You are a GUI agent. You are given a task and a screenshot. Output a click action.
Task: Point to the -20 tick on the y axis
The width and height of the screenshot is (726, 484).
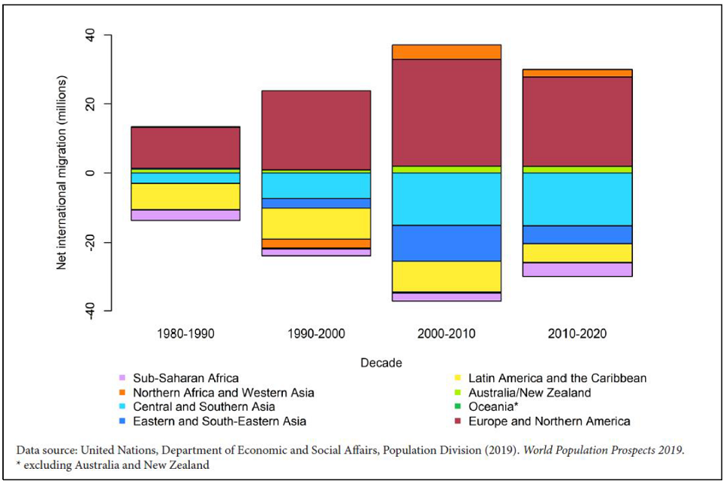pos(89,242)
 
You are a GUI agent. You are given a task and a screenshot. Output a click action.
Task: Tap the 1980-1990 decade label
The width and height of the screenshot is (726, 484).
pos(185,334)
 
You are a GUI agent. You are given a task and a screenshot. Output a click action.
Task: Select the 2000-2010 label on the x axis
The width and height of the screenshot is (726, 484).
pos(445,334)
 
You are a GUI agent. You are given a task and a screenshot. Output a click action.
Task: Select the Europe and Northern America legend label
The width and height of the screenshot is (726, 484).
pos(549,421)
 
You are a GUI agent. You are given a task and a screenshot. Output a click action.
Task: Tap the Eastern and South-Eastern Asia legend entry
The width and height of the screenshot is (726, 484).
pos(219,421)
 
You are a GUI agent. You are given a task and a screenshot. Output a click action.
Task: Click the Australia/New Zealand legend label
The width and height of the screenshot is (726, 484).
pos(529,392)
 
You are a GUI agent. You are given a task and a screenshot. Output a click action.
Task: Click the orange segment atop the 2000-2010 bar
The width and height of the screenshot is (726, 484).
pos(445,51)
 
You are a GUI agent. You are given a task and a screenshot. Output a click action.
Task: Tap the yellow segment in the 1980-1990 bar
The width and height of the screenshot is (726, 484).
pos(185,197)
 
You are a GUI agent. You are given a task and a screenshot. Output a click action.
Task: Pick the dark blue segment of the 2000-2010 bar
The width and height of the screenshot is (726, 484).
pos(445,243)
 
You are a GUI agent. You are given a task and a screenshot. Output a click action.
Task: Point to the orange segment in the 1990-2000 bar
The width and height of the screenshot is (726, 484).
pos(315,244)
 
